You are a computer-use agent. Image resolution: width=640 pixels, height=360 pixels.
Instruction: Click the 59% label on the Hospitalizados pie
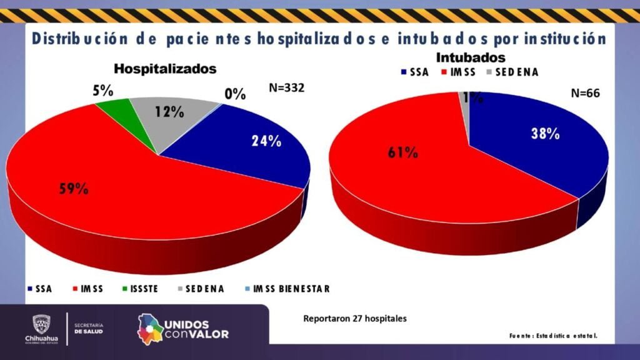coord(73,188)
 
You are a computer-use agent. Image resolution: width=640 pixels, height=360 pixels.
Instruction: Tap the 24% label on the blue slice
coord(266,141)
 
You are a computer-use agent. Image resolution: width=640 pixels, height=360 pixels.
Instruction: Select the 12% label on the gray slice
coord(169,112)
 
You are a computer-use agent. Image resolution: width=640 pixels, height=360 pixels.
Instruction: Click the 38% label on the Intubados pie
coord(544,133)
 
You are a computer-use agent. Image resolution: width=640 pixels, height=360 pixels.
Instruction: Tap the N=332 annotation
coord(286,88)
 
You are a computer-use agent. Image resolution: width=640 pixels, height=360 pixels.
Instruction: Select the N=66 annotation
coord(586,94)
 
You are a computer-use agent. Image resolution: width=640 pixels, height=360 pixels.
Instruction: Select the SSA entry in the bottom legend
coord(39,289)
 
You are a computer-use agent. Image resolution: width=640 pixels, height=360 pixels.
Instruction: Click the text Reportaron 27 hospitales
coord(355,318)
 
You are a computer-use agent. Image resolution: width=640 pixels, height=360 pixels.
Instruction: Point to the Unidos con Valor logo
coord(183,329)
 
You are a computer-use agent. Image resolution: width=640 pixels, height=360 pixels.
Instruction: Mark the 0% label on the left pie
coord(235,95)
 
